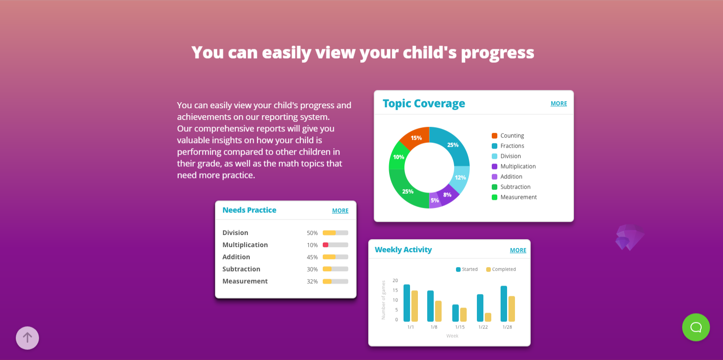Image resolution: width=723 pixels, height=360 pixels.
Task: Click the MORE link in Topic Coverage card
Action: click(559, 103)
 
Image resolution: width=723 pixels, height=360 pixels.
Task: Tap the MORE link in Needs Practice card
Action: click(340, 210)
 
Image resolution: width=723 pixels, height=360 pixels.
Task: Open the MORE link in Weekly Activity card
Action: click(518, 250)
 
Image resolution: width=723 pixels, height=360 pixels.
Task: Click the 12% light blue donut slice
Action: click(461, 178)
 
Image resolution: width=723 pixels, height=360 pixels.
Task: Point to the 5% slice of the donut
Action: click(435, 201)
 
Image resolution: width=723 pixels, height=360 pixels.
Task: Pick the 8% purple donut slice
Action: click(447, 195)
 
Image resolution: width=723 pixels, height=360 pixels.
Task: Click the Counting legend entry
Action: click(508, 136)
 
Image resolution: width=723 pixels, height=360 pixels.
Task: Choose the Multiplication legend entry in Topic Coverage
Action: click(514, 166)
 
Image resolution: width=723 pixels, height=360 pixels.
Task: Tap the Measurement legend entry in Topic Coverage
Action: click(514, 197)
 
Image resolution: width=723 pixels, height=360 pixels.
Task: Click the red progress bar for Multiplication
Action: click(326, 245)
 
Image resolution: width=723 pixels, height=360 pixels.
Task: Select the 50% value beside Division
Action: click(312, 233)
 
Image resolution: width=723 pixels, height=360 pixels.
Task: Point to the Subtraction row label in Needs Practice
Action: click(241, 269)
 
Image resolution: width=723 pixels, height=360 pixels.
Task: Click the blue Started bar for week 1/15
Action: click(456, 313)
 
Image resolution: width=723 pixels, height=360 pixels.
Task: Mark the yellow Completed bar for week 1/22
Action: click(488, 317)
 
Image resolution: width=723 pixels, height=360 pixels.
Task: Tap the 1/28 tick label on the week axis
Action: click(507, 327)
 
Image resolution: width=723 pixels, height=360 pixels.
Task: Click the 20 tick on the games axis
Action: click(395, 281)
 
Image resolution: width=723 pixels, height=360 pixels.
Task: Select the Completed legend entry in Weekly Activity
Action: click(501, 269)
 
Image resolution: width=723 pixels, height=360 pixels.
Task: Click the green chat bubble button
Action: click(696, 327)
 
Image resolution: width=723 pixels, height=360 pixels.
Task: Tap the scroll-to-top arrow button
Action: click(27, 338)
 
